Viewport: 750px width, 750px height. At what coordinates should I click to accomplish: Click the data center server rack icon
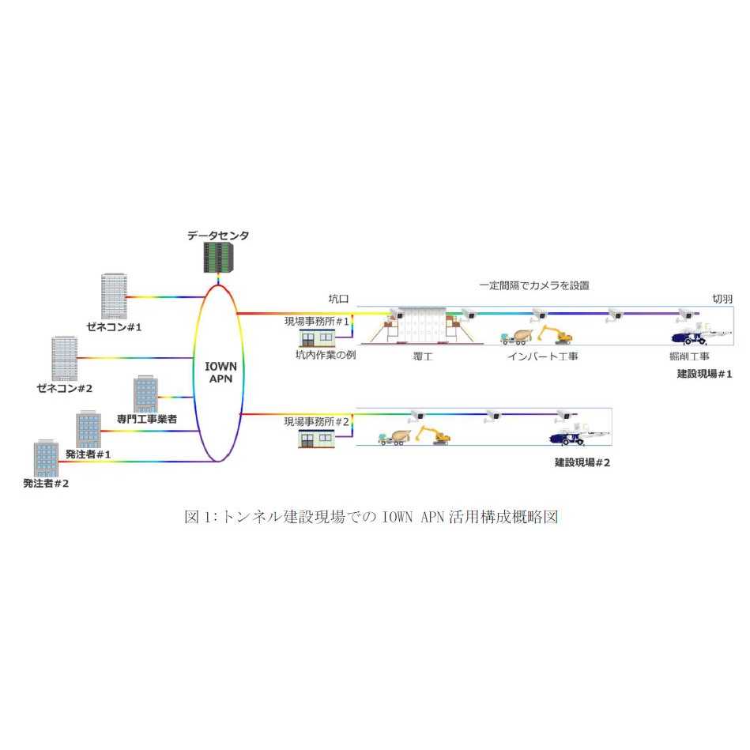click(217, 257)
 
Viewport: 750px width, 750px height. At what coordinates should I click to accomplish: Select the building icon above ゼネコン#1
click(114, 296)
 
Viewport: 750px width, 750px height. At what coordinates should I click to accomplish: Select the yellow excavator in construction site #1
click(553, 335)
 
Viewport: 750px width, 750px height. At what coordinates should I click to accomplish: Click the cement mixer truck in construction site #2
click(393, 437)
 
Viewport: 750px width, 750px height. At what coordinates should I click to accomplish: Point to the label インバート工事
click(542, 356)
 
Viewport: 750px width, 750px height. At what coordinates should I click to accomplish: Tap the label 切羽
click(722, 299)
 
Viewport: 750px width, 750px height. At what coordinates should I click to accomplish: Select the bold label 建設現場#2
click(582, 462)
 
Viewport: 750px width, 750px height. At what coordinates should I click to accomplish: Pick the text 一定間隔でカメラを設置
click(534, 285)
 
